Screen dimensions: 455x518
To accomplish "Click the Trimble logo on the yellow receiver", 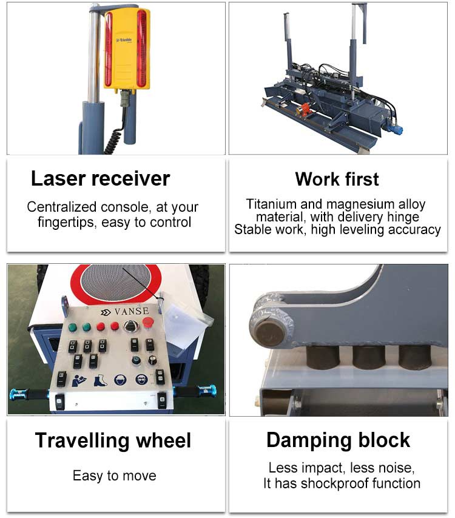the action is click(x=124, y=40).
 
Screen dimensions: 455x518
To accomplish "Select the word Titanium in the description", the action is click(x=272, y=204).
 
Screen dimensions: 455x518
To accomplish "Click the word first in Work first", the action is click(x=362, y=180).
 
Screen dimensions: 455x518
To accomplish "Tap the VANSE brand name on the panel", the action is click(x=132, y=311).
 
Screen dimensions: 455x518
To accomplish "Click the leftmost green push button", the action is click(x=73, y=328).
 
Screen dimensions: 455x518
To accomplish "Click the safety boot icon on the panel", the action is click(x=99, y=380).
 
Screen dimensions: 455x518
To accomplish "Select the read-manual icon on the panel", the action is click(x=79, y=380).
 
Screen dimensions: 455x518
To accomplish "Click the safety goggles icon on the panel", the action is click(x=141, y=380).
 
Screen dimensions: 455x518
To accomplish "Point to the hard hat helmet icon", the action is click(x=120, y=380).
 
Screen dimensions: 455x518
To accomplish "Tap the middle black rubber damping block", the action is click(x=368, y=357).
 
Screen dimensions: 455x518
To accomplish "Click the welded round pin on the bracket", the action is click(x=269, y=332).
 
